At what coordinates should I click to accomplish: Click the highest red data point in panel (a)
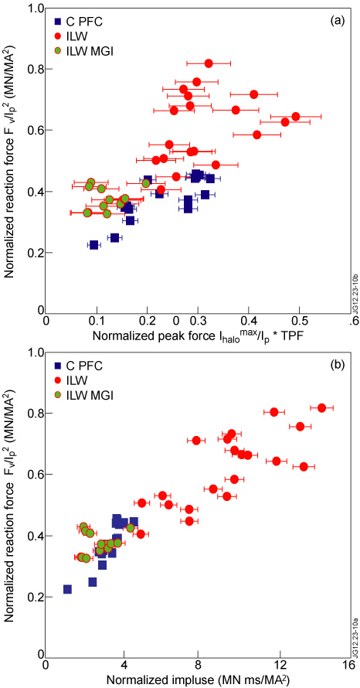[209, 63]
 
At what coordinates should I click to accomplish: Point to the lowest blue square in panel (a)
[94, 244]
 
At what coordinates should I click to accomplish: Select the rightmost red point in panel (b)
[322, 407]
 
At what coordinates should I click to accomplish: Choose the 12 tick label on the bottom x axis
[273, 666]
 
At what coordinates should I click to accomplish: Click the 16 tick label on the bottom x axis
[347, 666]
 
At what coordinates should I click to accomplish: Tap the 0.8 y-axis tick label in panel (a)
[33, 70]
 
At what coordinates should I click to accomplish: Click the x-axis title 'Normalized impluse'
[192, 679]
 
